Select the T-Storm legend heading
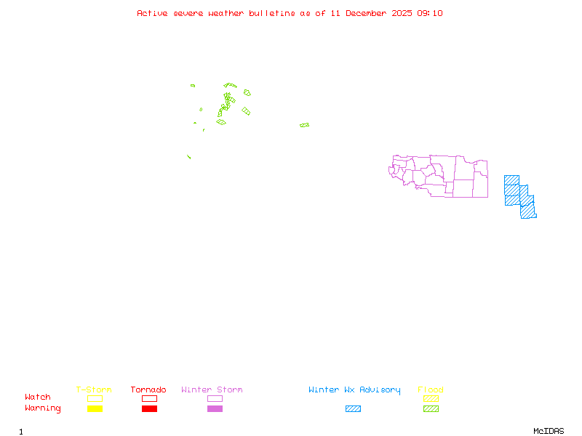(94, 390)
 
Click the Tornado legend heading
(148, 390)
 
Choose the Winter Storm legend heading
(212, 390)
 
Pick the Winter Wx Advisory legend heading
(354, 390)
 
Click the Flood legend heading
(431, 390)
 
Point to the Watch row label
(38, 397)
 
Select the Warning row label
(43, 408)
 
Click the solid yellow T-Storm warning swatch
(95, 409)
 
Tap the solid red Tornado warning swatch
(149, 409)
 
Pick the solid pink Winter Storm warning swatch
(215, 409)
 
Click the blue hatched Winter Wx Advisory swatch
(353, 409)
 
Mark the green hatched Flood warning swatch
(431, 409)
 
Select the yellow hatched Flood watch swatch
(431, 398)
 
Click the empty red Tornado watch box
(149, 398)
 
